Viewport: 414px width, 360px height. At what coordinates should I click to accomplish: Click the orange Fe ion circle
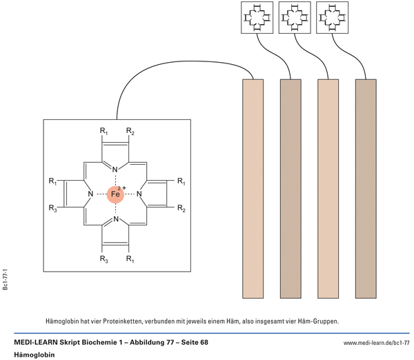click(x=116, y=195)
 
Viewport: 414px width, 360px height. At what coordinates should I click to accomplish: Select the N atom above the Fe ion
click(x=116, y=170)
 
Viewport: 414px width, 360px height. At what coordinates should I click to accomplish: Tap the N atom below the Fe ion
click(x=116, y=221)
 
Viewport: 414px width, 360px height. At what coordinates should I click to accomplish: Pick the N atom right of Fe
click(x=140, y=195)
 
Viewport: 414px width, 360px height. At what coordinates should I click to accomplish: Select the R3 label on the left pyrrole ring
click(x=52, y=208)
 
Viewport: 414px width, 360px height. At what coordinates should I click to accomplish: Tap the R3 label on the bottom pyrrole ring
click(x=103, y=260)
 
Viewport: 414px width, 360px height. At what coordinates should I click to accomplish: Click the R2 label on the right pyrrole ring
click(x=181, y=208)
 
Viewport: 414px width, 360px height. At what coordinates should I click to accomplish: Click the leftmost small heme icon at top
click(x=255, y=17)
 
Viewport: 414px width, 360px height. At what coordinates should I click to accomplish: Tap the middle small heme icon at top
click(x=293, y=17)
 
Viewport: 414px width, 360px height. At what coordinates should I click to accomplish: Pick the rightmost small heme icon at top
click(x=330, y=17)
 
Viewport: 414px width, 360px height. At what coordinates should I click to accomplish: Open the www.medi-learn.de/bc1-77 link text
click(x=377, y=343)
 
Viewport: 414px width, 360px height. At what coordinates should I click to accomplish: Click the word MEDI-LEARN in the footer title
click(x=37, y=342)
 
